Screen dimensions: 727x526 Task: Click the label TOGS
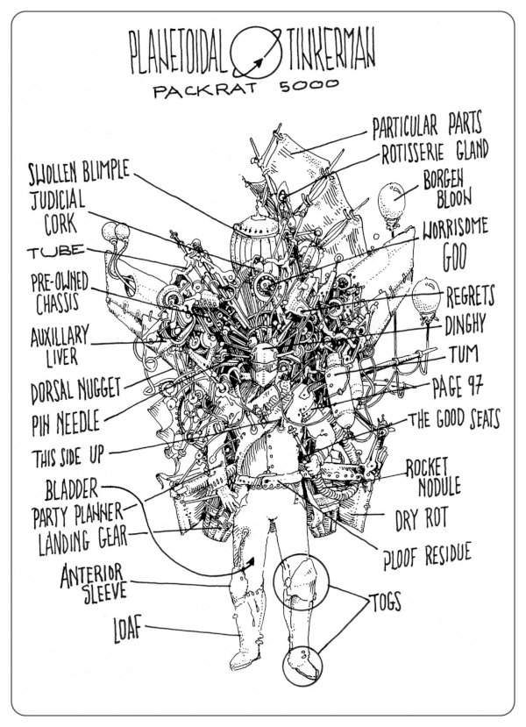click(385, 602)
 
